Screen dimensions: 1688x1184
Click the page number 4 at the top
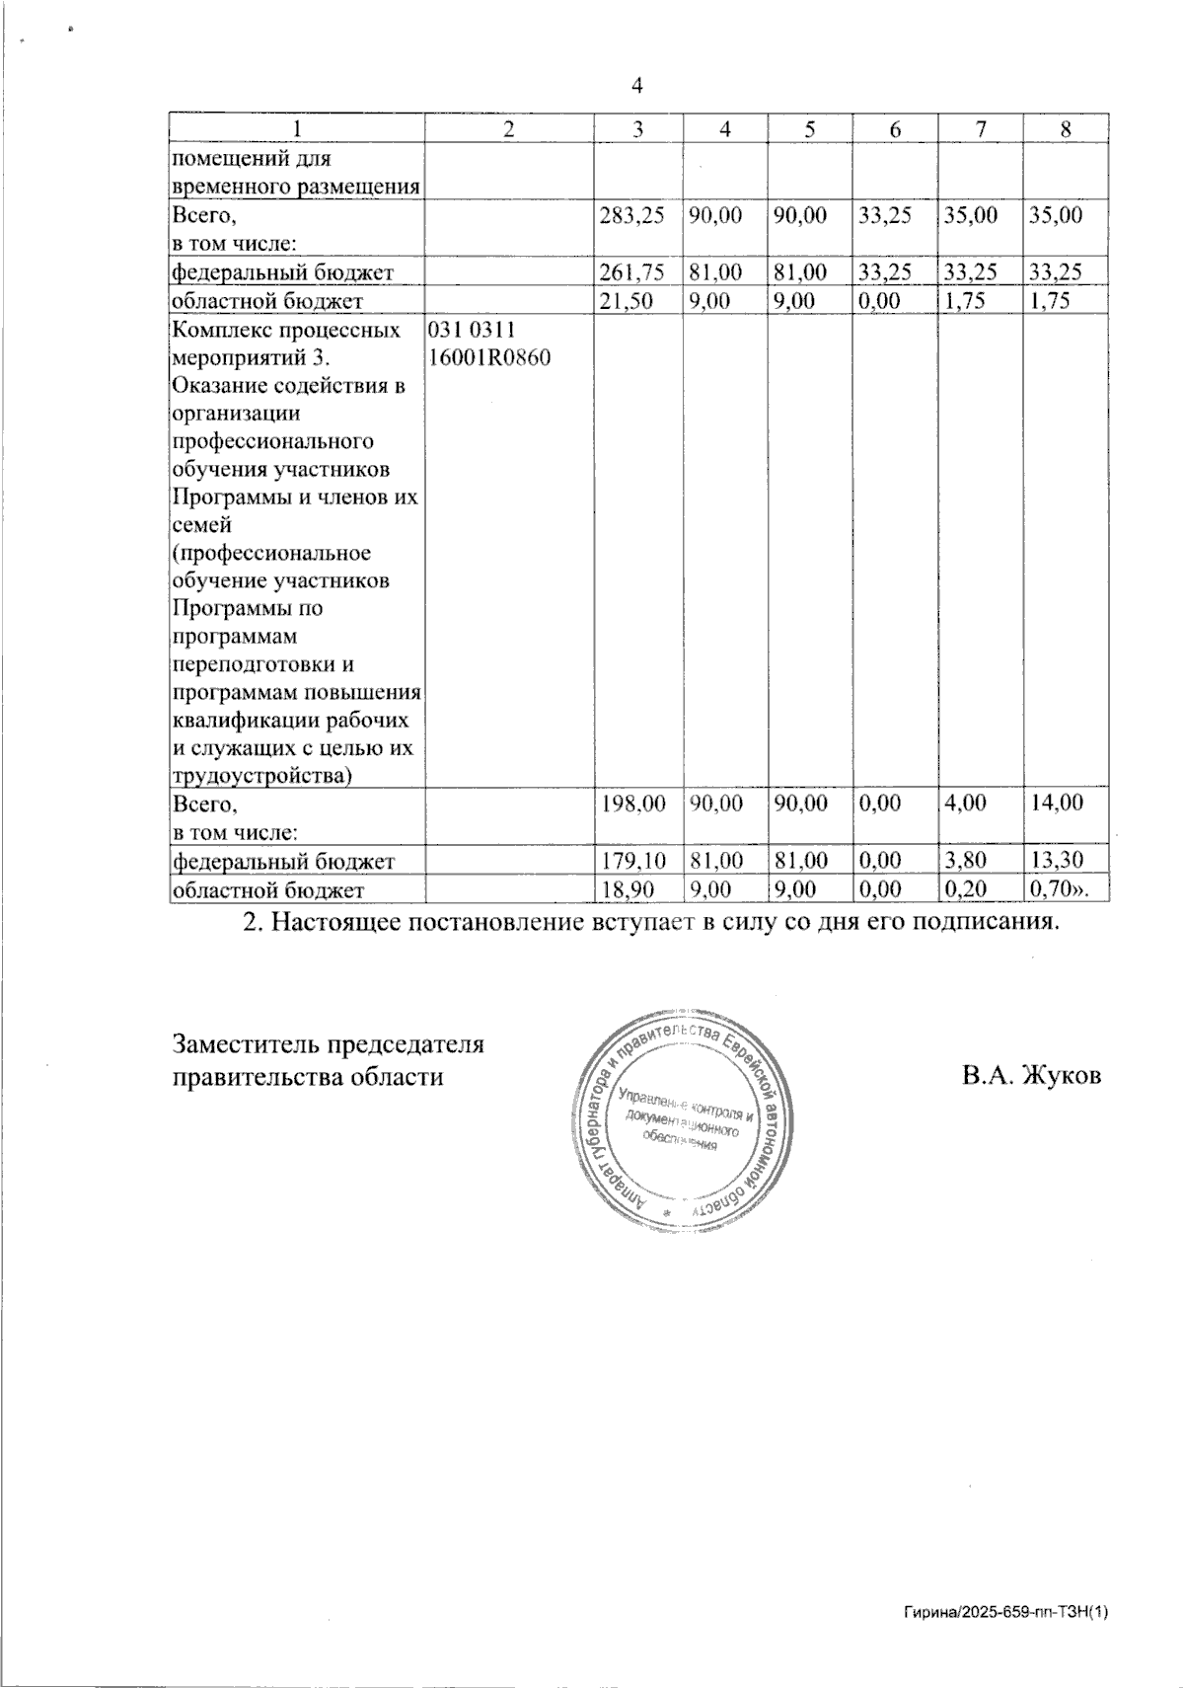tap(636, 87)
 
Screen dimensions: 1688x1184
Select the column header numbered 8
tap(1065, 128)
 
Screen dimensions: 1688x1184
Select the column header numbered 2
tap(508, 128)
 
